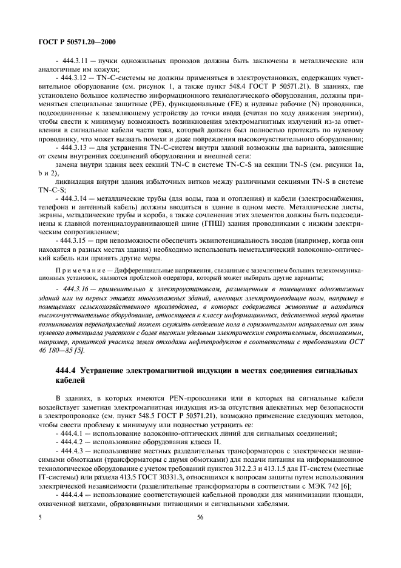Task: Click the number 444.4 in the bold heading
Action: tap(66, 370)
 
